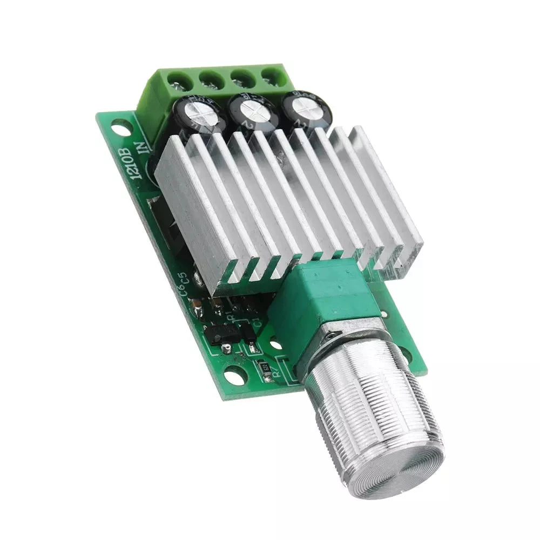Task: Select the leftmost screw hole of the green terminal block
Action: pyautogui.click(x=177, y=82)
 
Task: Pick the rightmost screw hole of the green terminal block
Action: pyautogui.click(x=270, y=75)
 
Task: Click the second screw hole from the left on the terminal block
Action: pyautogui.click(x=208, y=80)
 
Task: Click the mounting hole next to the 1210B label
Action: pyautogui.click(x=121, y=128)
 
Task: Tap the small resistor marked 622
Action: pyautogui.click(x=265, y=367)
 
